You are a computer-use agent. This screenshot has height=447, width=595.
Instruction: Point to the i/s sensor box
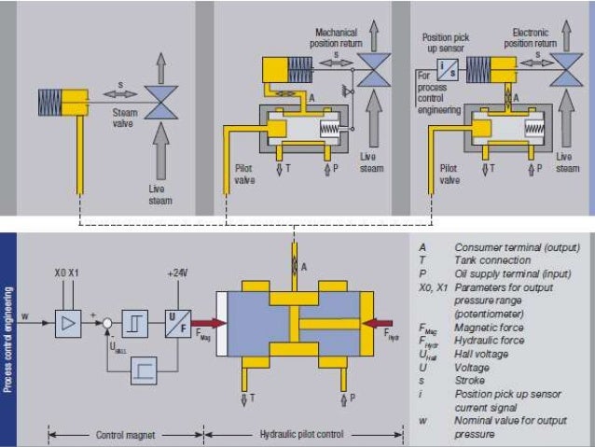(x=447, y=67)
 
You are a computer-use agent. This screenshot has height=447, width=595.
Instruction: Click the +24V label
(x=178, y=273)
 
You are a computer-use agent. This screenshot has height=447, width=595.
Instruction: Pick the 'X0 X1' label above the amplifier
(x=67, y=273)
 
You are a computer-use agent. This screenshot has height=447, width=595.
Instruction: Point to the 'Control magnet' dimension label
(x=124, y=434)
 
